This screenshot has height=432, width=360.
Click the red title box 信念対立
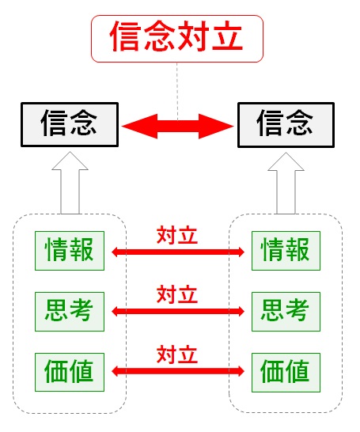177,39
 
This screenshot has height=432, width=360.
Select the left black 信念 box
70,124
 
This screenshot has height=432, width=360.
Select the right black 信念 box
286,125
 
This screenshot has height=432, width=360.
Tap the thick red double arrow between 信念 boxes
178,127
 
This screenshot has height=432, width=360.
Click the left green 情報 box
70,251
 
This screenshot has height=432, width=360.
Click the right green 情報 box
286,251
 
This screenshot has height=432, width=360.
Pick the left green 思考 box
70,312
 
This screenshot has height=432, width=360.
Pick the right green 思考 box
286,312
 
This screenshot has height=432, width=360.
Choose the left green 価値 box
70,372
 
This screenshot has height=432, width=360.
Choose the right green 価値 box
286,373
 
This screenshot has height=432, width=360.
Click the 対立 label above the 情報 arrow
177,235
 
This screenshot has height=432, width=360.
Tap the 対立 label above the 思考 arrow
177,294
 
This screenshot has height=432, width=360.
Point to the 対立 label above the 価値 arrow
177,354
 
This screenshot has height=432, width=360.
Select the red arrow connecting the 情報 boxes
178,252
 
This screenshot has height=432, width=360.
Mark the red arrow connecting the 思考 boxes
178,311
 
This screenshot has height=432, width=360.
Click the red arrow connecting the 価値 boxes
178,371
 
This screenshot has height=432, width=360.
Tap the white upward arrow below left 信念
70,182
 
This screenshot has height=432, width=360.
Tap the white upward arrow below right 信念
286,183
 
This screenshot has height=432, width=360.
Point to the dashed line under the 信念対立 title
177,91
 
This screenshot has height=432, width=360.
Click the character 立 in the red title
227,36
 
